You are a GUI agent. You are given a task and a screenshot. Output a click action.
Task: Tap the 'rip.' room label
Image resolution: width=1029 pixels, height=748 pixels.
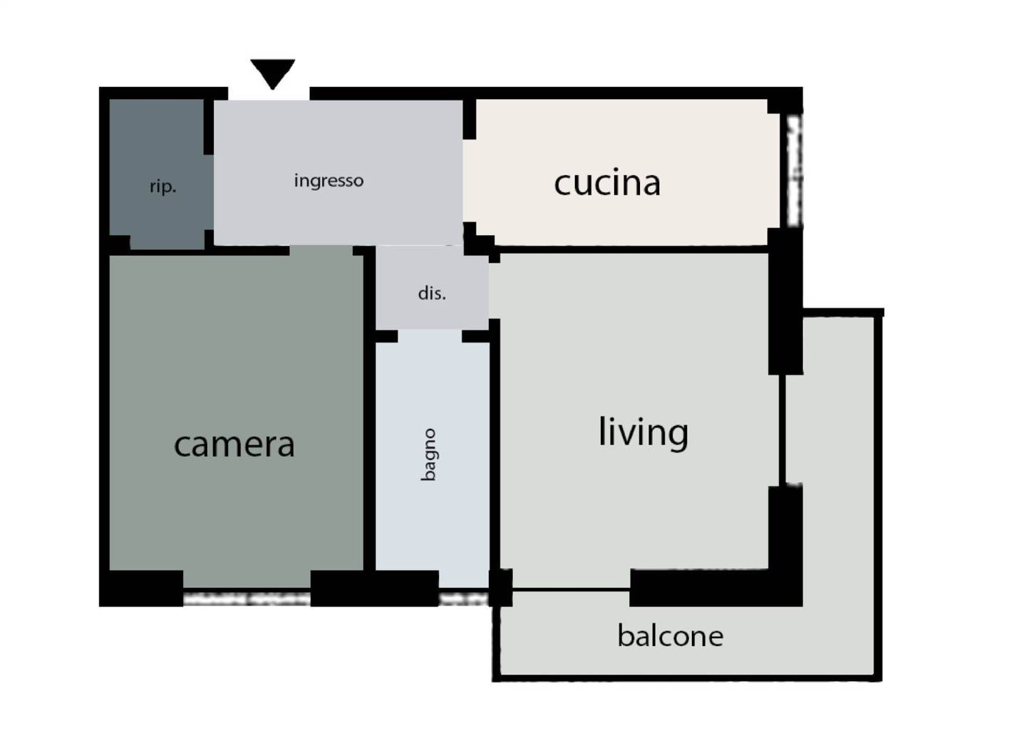(x=162, y=187)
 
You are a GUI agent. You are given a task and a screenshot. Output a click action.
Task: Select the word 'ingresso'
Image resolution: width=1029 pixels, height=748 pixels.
(x=329, y=180)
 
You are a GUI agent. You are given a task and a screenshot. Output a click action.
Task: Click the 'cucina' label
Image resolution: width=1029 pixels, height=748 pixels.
(x=607, y=183)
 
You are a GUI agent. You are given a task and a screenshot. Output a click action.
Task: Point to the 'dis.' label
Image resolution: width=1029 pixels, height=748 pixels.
(x=432, y=293)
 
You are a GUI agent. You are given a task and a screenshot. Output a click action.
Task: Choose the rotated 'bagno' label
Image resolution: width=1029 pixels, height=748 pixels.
(x=428, y=455)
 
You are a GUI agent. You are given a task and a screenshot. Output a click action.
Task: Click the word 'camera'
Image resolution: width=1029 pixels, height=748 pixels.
(x=234, y=445)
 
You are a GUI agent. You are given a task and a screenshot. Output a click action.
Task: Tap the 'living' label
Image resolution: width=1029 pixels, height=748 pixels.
(x=643, y=432)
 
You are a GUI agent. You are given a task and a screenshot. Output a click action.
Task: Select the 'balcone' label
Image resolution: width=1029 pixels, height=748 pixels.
(x=671, y=636)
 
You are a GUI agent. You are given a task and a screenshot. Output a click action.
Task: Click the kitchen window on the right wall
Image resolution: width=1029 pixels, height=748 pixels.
(x=795, y=170)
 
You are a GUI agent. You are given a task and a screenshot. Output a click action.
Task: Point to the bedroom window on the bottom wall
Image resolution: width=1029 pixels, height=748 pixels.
(x=247, y=599)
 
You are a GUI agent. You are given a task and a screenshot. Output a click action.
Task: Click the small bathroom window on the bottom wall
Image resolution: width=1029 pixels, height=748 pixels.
(x=463, y=599)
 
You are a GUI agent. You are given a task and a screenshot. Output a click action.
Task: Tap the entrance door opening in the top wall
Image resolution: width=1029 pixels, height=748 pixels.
(x=269, y=93)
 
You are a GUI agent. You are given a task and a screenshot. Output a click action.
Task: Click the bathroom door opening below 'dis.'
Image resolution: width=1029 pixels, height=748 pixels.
(x=430, y=336)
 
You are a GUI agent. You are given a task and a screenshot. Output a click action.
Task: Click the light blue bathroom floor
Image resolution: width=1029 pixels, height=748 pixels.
(x=433, y=459)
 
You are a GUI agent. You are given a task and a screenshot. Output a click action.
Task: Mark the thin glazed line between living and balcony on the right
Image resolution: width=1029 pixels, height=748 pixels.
(x=782, y=430)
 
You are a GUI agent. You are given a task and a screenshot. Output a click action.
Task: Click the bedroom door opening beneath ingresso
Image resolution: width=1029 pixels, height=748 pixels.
(x=321, y=251)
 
